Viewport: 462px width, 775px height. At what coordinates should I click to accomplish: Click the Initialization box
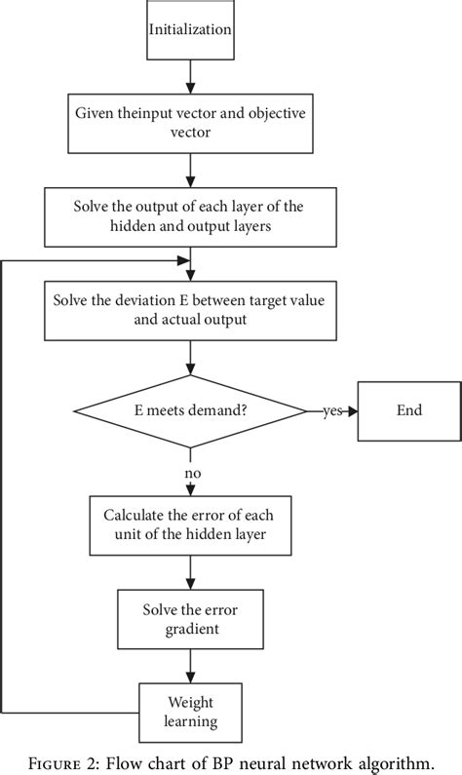point(190,30)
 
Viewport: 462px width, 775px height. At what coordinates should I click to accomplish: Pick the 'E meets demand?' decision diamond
point(190,409)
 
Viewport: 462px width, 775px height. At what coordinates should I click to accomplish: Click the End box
point(409,409)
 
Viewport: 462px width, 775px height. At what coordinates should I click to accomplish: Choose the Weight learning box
point(190,712)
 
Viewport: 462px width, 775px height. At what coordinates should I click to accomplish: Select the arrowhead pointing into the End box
point(352,410)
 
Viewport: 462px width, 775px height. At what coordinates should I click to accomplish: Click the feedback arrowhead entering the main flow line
point(183,260)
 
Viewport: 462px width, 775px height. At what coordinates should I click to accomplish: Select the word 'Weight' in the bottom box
point(190,702)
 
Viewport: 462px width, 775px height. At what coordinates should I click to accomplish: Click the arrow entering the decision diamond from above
point(190,361)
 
